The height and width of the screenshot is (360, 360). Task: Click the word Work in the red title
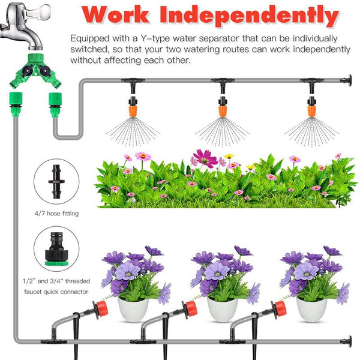tap(120, 14)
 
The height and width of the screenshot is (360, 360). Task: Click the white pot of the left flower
tap(133, 308)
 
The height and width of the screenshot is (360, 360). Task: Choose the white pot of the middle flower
tap(223, 308)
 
